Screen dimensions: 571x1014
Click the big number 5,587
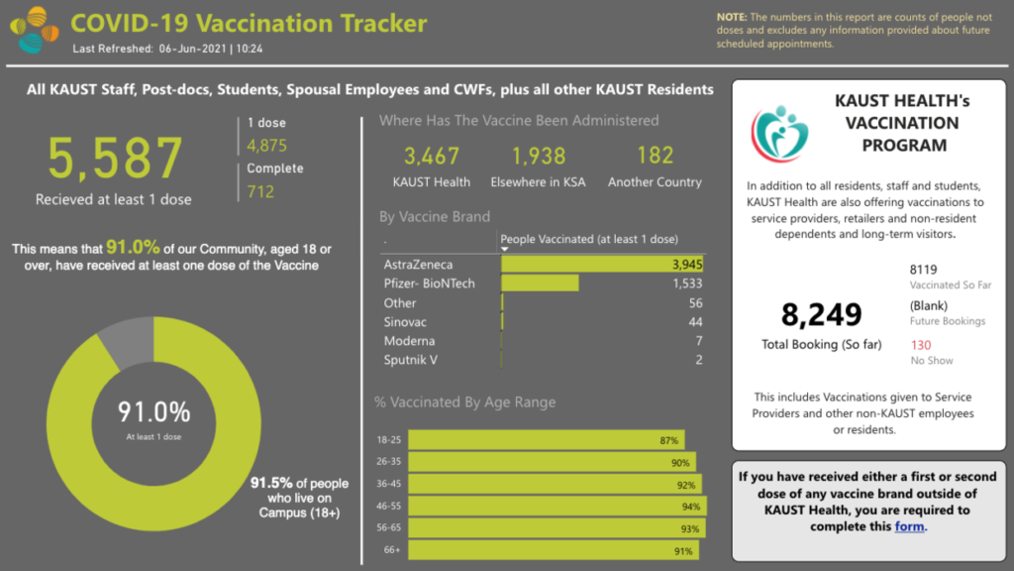pos(116,158)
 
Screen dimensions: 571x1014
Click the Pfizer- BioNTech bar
pos(540,284)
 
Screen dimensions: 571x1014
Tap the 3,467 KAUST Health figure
pos(432,156)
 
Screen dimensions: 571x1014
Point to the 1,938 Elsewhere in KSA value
pos(539,156)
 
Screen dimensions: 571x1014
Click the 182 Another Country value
pos(655,156)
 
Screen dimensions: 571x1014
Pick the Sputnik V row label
pos(411,360)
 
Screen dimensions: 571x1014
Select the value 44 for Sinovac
pos(695,322)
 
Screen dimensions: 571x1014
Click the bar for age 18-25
pos(545,440)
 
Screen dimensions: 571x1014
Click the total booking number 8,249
pos(822,315)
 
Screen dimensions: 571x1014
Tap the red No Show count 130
pos(920,345)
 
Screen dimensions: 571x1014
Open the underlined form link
pos(909,526)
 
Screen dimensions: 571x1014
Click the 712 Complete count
pos(260,191)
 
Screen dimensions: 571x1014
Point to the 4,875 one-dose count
pos(266,146)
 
